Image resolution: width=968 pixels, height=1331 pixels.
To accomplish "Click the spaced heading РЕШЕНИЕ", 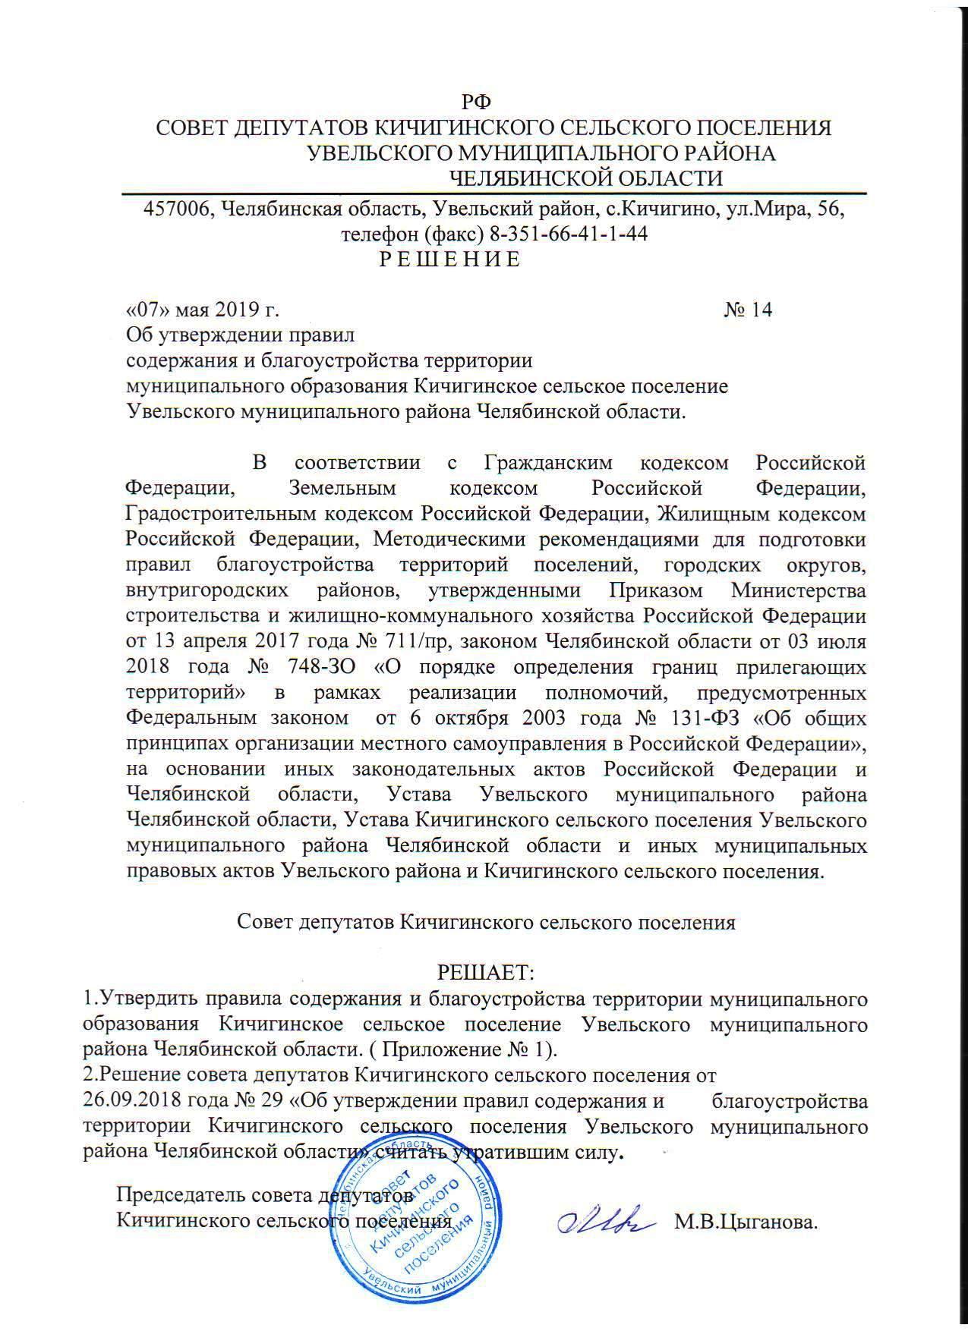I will coord(449,260).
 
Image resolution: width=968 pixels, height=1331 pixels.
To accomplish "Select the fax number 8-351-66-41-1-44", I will coord(569,234).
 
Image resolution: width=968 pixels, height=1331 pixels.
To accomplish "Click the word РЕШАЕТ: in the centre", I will coord(487,971).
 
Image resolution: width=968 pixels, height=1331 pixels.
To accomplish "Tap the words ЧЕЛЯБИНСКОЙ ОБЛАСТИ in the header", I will coord(585,178).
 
